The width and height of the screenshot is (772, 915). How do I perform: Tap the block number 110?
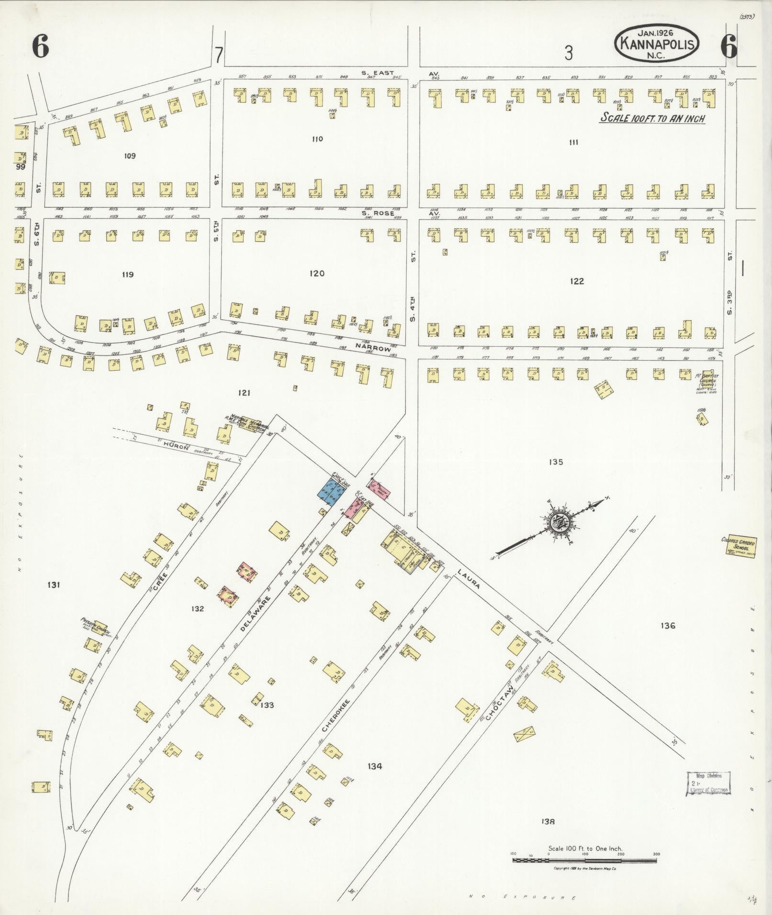(317, 139)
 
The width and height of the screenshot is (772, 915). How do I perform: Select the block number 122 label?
(577, 281)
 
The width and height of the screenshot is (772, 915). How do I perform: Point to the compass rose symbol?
(558, 521)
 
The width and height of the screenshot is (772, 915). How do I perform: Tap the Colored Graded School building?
(738, 546)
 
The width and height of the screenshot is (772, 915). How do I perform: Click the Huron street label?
(173, 445)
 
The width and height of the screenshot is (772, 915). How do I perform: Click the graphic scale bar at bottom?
(584, 860)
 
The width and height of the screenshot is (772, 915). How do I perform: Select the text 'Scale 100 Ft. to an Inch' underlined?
(653, 119)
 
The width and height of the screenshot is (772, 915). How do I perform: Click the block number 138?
(548, 822)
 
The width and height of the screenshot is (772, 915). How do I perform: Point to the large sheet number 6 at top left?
(41, 47)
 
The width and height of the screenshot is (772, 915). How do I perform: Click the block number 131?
(54, 584)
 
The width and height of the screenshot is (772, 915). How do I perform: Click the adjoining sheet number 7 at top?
(218, 55)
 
